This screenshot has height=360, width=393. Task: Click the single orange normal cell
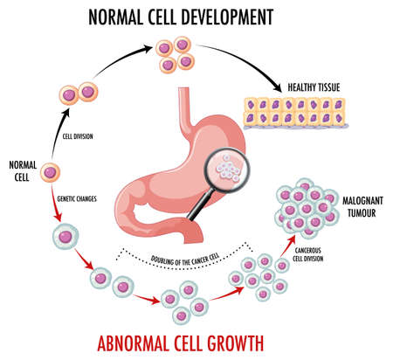[x=52, y=173]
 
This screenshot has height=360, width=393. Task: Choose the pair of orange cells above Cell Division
[x=76, y=93]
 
